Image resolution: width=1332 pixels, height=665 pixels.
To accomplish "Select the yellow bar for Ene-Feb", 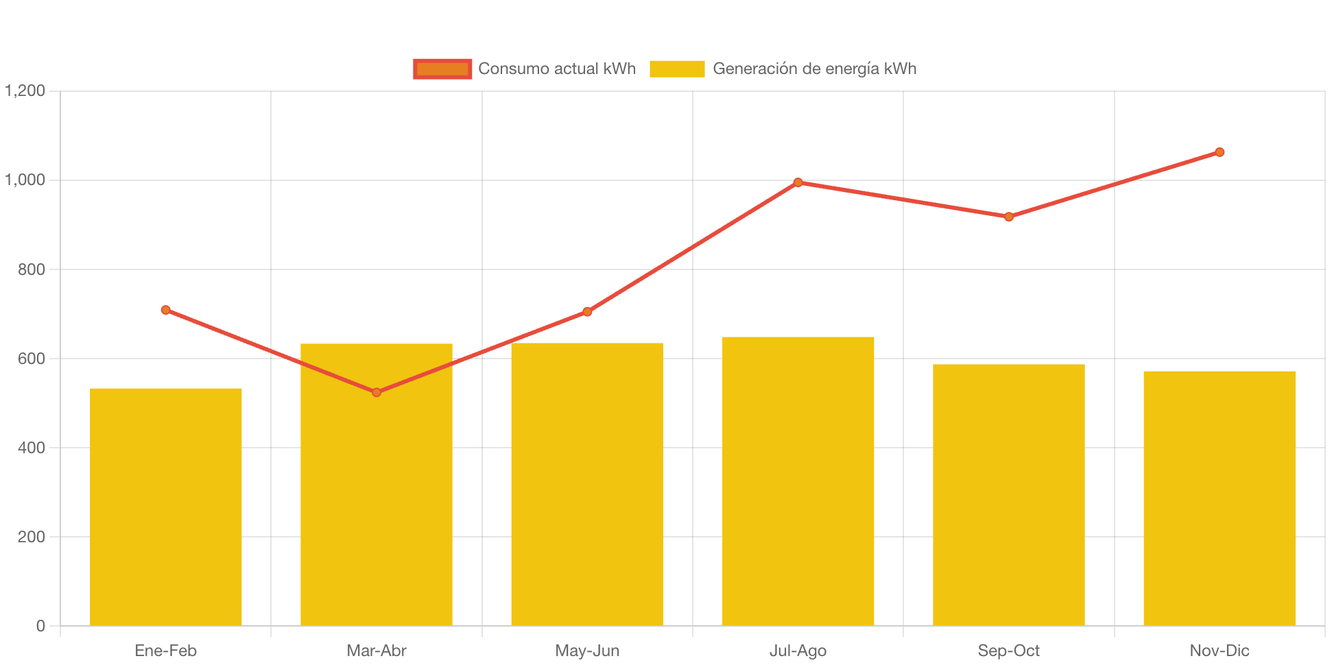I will click(166, 507).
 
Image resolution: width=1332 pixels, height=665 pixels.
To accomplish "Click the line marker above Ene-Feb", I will click(166, 311).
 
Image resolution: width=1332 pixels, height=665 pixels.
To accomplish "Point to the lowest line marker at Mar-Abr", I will click(377, 392).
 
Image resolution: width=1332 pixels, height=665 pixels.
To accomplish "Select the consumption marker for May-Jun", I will click(587, 312).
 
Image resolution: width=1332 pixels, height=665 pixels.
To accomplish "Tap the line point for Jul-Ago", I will click(798, 182).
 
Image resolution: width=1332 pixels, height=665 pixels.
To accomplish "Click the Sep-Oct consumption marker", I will click(1008, 217).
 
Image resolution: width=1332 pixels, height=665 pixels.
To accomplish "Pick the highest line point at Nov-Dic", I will click(1219, 152).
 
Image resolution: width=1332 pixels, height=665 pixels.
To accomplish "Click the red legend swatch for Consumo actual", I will click(442, 69).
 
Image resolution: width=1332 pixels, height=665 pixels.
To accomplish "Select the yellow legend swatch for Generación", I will click(677, 69).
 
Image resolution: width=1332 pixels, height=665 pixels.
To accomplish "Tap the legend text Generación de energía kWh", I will click(814, 69).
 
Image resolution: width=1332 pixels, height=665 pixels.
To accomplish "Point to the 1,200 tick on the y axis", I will click(25, 90).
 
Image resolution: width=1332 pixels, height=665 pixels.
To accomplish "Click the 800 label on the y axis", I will click(32, 269).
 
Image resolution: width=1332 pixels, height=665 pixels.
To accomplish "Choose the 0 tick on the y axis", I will click(40, 626).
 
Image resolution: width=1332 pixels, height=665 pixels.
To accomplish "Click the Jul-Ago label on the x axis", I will click(798, 651).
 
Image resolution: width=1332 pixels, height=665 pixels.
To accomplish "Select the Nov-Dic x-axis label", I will click(1219, 651).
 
